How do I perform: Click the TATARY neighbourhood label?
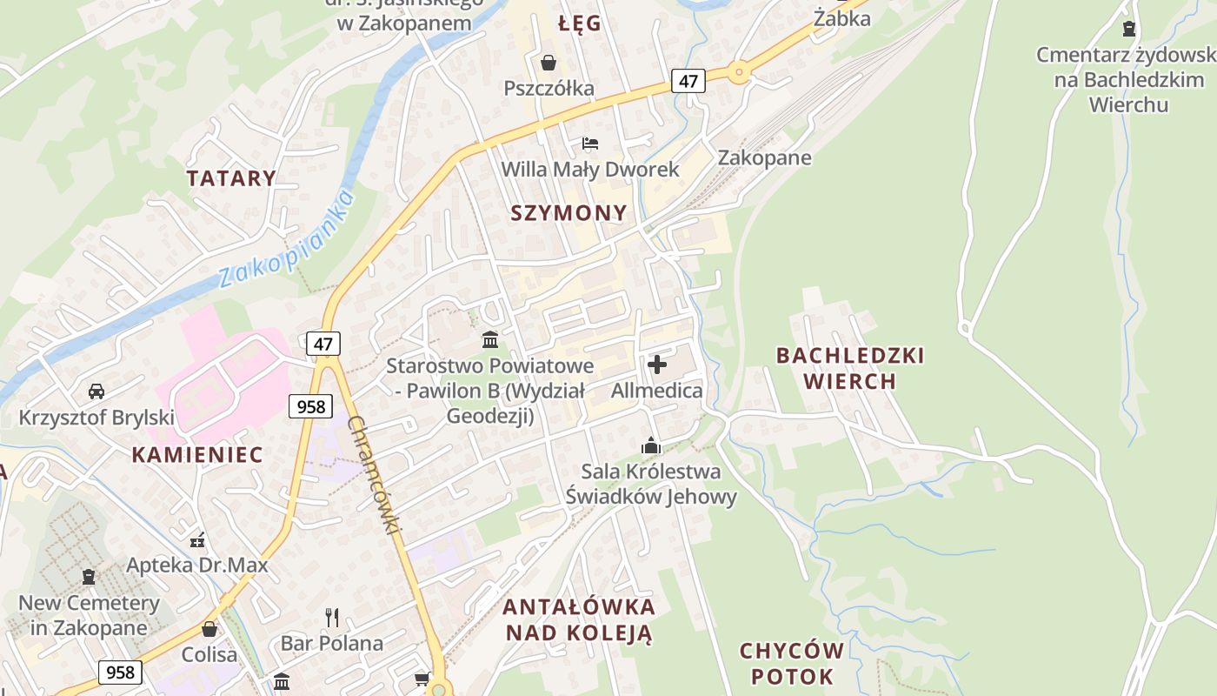pos(231,178)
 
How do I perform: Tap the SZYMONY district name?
pos(569,213)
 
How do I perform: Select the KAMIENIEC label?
pos(197,454)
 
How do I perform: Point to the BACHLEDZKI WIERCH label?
pos(850,368)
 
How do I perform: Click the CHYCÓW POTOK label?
pos(791,663)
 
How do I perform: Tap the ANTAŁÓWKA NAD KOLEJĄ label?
pos(579,619)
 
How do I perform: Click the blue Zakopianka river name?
pos(287,241)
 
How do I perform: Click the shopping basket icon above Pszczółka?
pos(549,63)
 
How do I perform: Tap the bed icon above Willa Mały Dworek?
pos(590,143)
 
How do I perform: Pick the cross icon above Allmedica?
pos(657,365)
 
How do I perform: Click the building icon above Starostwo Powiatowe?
pos(490,339)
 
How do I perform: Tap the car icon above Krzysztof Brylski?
pos(96,391)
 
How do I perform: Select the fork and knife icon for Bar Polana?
pos(331,618)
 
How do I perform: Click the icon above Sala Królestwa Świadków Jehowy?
pos(651,446)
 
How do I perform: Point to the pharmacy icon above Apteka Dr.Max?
pos(197,540)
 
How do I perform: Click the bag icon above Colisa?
pos(209,629)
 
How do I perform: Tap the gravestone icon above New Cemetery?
pos(89,576)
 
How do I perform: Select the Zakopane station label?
pos(764,157)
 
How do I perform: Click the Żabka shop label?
pos(842,17)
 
